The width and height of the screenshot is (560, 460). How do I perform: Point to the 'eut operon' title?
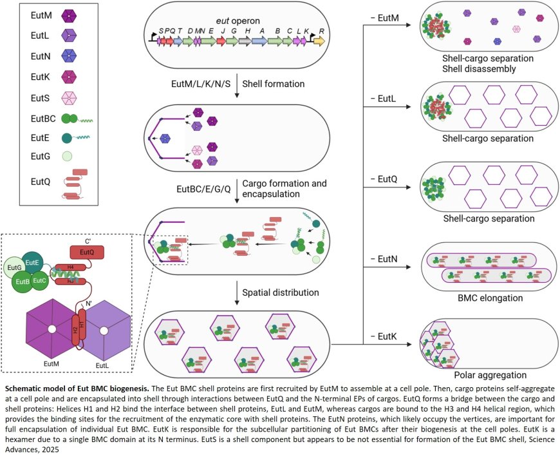[x=237, y=22]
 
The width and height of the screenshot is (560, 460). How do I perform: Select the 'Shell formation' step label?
[x=274, y=84]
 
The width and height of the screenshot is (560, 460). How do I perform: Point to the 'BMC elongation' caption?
[x=489, y=298]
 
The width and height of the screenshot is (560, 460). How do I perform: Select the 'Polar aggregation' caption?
[x=489, y=375]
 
